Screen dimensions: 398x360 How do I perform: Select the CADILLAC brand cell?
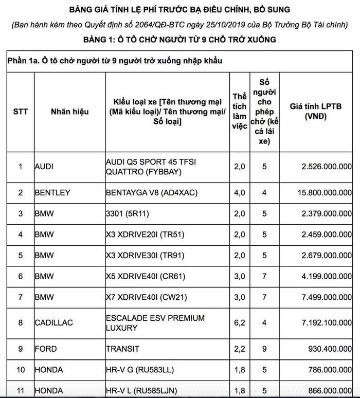coord(54,323)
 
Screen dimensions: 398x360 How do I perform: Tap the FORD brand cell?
coord(46,349)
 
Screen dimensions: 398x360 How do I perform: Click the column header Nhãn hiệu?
coord(70,112)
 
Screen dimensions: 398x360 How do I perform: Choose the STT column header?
coord(21,112)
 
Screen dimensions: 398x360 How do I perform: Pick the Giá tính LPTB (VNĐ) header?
coord(315,112)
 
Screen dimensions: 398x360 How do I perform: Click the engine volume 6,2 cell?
coord(239,323)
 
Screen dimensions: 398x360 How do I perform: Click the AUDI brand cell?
coord(44,167)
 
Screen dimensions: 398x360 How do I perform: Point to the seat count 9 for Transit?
coord(264,349)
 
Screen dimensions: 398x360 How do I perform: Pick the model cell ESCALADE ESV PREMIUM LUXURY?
coord(155,323)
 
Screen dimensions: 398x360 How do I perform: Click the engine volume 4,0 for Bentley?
coord(239,193)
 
